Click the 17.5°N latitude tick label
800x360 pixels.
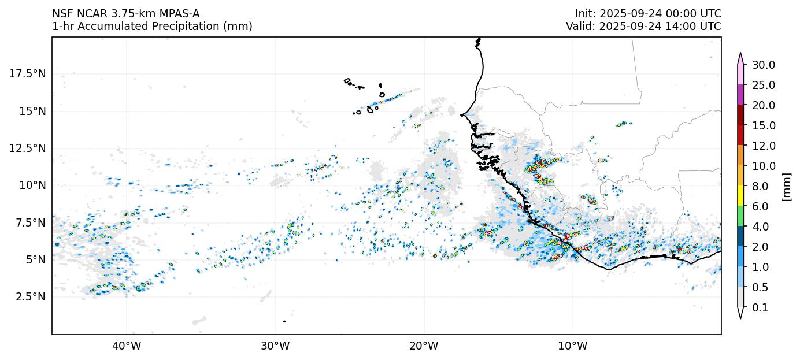pyautogui.click(x=27, y=73)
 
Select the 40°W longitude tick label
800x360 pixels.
pyautogui.click(x=126, y=346)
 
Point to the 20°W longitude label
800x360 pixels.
pyautogui.click(x=424, y=346)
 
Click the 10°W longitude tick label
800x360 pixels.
pyautogui.click(x=573, y=346)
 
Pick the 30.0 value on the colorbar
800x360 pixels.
pyautogui.click(x=763, y=65)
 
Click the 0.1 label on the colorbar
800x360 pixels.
pyautogui.click(x=761, y=307)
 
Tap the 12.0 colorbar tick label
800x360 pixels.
pyautogui.click(x=763, y=146)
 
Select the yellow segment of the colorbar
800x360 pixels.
pyautogui.click(x=740, y=196)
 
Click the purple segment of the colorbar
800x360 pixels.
pyautogui.click(x=740, y=95)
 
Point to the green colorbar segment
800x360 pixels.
pyautogui.click(x=740, y=216)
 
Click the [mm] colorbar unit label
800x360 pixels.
pyautogui.click(x=786, y=186)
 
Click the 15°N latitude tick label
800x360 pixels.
pyautogui.click(x=32, y=110)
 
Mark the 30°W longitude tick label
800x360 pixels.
pyautogui.click(x=275, y=346)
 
